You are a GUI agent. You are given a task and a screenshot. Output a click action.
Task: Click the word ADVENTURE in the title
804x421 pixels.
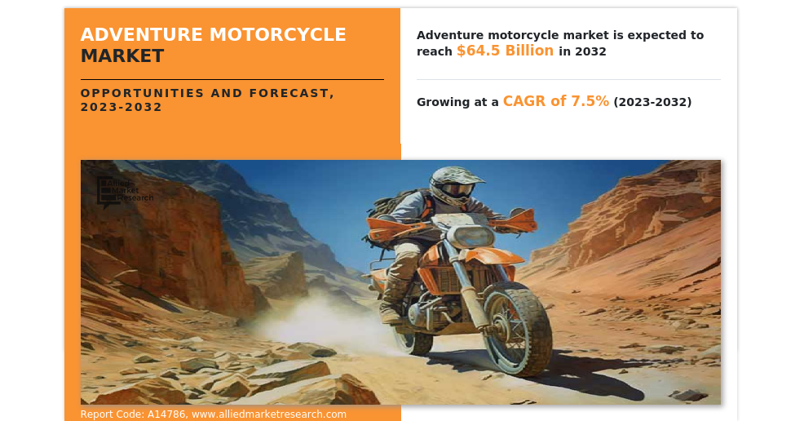tap(142, 35)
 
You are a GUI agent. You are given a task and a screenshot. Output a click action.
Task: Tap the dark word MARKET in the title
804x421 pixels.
tap(122, 56)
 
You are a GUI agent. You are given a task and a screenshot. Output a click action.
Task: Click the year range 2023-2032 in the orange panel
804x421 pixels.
tap(121, 107)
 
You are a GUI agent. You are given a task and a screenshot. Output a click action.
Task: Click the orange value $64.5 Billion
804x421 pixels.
tap(505, 51)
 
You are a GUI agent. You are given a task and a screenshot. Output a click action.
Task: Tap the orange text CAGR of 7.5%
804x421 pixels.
tap(555, 101)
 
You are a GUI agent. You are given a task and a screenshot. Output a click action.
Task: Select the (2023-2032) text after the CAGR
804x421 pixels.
tap(652, 102)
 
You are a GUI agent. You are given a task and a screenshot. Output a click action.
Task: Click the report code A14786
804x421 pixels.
tap(166, 414)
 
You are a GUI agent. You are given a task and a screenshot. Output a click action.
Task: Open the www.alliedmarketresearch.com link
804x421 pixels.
tap(269, 414)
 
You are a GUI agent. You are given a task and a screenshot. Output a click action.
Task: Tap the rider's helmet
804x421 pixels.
tap(453, 186)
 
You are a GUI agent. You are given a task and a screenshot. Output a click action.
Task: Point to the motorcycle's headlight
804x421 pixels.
tap(473, 237)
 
